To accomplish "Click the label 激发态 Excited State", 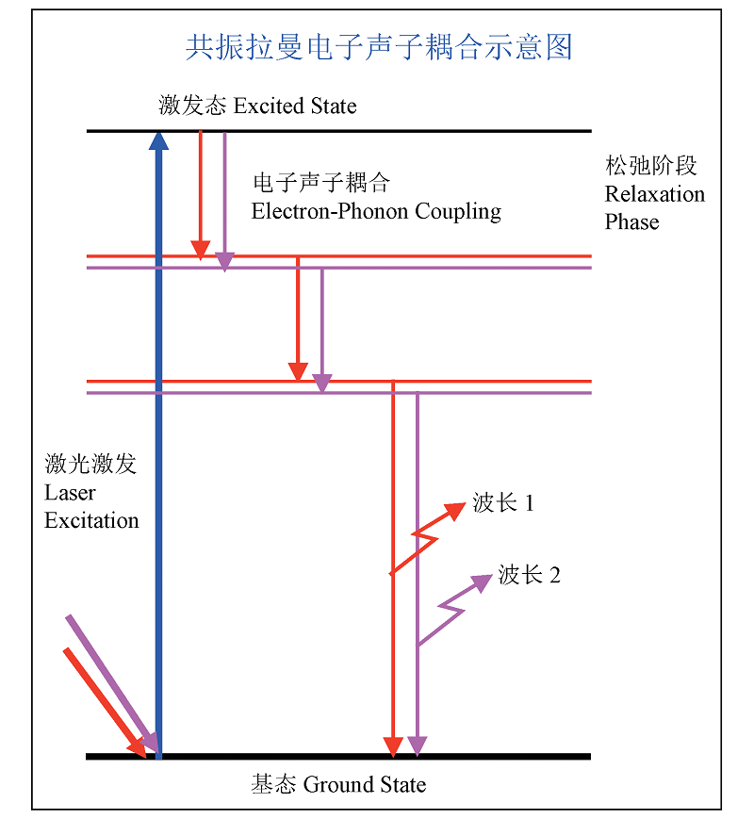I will [x=257, y=105].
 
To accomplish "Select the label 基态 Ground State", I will [x=338, y=784].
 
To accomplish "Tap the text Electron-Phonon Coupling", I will [x=376, y=211].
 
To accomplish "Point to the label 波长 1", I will [x=503, y=503].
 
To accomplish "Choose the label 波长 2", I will [x=529, y=575].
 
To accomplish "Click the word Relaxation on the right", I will [x=654, y=195].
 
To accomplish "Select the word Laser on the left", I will [x=70, y=493].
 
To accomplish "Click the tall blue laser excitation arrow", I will [x=158, y=452].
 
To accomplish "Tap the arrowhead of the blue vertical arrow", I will [x=158, y=141].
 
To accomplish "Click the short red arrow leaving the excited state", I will [x=200, y=188].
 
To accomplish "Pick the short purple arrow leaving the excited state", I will [x=224, y=193].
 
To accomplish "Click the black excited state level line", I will [x=377, y=131].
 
